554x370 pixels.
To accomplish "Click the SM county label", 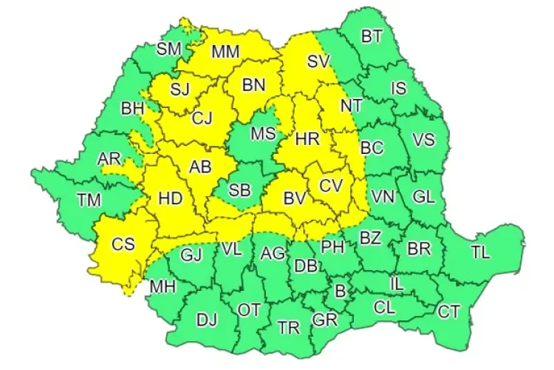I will (169, 49).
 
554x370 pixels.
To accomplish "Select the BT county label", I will (373, 36).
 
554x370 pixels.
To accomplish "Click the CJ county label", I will (201, 117).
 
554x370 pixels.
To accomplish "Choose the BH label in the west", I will (133, 109).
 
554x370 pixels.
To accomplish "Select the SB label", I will (239, 190).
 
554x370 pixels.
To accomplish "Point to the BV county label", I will (295, 198).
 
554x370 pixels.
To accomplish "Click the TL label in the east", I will (480, 252).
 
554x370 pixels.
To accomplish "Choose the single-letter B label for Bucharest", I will (340, 292).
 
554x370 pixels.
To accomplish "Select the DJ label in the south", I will (207, 320).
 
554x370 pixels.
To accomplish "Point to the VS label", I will (423, 139).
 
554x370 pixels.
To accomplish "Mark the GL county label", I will (423, 197).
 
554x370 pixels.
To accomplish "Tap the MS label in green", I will (262, 133).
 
